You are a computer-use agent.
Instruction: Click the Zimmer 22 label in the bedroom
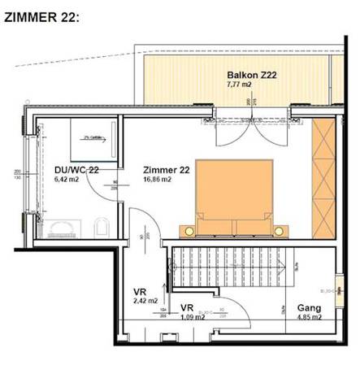pyautogui.click(x=166, y=170)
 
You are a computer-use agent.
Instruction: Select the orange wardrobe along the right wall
pyautogui.click(x=323, y=177)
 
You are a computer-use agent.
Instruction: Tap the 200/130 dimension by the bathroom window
pyautogui.click(x=16, y=174)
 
